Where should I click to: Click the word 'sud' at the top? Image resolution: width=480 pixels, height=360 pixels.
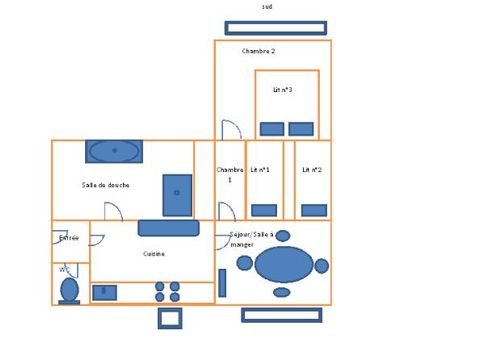[267, 7]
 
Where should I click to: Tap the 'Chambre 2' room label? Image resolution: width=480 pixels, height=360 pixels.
[258, 50]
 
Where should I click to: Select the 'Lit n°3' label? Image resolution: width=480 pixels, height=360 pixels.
[283, 89]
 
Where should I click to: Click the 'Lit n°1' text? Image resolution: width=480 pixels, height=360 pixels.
[260, 170]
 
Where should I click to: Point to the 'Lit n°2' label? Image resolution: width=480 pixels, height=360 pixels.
[312, 170]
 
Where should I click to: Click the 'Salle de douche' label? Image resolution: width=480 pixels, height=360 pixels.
[105, 184]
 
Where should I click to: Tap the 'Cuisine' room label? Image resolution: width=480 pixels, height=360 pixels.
[153, 254]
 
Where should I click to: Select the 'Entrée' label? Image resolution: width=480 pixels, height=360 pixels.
[69, 238]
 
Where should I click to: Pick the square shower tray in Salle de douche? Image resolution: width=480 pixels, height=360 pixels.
[177, 195]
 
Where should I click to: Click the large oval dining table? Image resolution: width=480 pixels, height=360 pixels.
[284, 265]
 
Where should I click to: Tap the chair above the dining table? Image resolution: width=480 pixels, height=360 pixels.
[283, 236]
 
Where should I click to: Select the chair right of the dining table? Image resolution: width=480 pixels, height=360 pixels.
[321, 266]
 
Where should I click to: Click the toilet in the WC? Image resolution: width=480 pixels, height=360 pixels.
[69, 289]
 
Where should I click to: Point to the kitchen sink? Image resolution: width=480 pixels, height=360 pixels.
[104, 292]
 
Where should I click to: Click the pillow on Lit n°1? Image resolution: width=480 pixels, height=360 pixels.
[264, 210]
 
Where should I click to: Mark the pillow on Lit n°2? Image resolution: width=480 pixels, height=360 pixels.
[314, 210]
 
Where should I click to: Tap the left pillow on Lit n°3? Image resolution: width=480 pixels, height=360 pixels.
[271, 128]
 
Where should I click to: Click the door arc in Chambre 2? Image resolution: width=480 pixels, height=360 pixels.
[231, 130]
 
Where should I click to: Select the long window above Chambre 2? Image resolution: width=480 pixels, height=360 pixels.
[275, 28]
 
